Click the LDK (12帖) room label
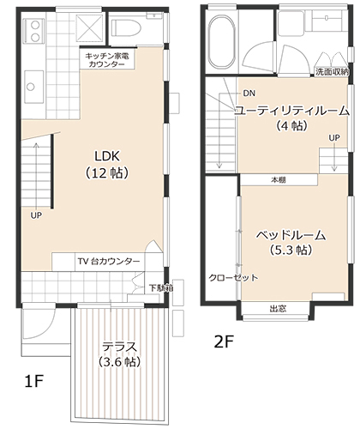click(107, 165)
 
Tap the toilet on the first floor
click(126, 27)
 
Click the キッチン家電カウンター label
click(107, 60)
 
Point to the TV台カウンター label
click(109, 261)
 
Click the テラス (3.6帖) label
click(120, 354)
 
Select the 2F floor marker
click(224, 341)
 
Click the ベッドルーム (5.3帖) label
click(291, 243)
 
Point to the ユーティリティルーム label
click(292, 111)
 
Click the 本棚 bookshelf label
click(279, 180)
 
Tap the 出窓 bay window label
click(278, 309)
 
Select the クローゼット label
click(233, 277)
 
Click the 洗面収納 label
click(333, 72)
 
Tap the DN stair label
click(249, 94)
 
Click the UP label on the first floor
click(36, 215)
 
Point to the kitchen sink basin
click(34, 87)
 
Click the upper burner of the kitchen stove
click(35, 25)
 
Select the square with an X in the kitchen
click(90, 27)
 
